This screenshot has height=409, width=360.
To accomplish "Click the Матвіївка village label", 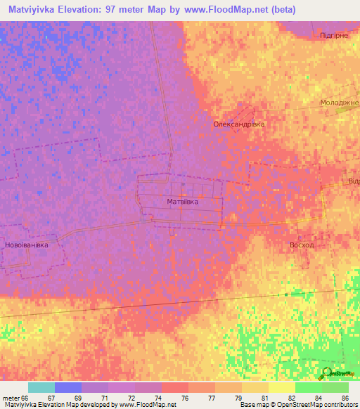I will (x=182, y=202).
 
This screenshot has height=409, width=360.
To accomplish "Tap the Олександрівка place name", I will (x=238, y=124).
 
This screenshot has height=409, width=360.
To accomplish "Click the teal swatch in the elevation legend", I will (x=41, y=387).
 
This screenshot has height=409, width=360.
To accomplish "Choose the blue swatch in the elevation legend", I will (x=68, y=387).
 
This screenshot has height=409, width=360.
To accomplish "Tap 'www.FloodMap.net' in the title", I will (x=226, y=10).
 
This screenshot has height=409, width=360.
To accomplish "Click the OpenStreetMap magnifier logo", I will (x=326, y=373).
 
